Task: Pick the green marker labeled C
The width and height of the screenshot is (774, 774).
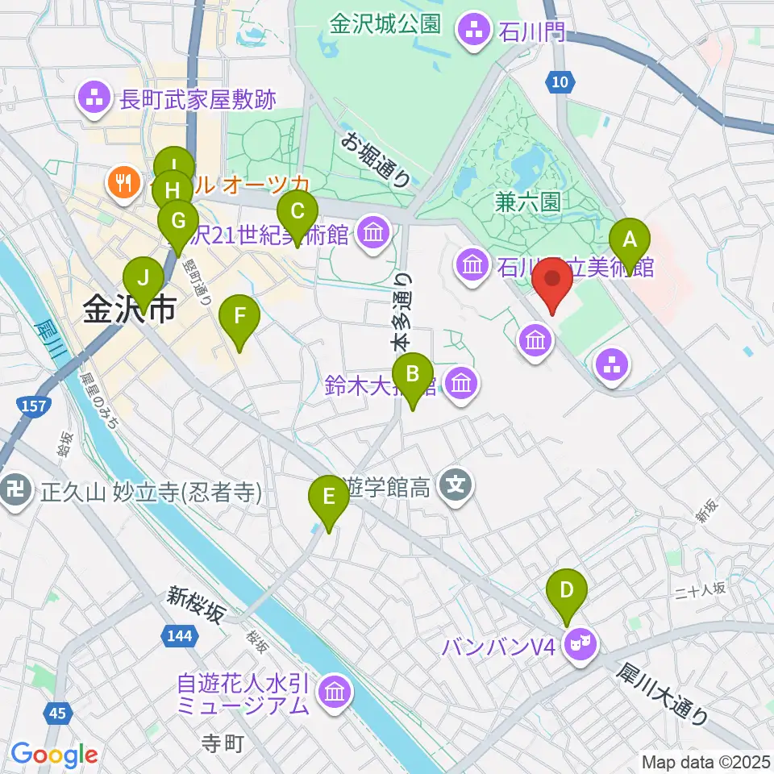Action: point(297,213)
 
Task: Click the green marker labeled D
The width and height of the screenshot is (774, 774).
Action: point(567,591)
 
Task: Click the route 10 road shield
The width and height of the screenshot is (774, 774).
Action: point(561,81)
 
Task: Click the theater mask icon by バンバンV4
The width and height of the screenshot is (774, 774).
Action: point(580,643)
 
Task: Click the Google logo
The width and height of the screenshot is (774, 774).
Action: point(54,755)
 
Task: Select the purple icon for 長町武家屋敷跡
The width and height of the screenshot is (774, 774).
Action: point(94,99)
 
